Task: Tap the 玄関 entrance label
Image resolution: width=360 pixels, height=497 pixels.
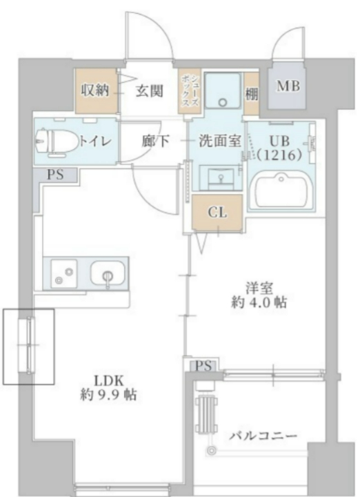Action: tap(148, 90)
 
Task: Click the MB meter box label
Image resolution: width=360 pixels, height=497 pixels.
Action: tap(288, 87)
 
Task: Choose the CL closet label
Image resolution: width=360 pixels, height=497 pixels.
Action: tap(217, 213)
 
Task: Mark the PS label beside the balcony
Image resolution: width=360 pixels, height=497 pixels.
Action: tap(203, 365)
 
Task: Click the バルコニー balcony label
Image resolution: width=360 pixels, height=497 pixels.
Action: tap(263, 436)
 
